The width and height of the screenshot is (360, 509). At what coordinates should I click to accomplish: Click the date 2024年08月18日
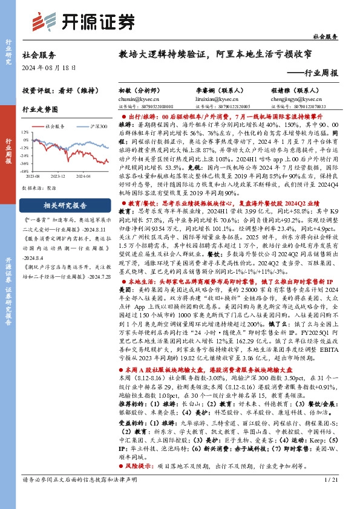click(x=50, y=67)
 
